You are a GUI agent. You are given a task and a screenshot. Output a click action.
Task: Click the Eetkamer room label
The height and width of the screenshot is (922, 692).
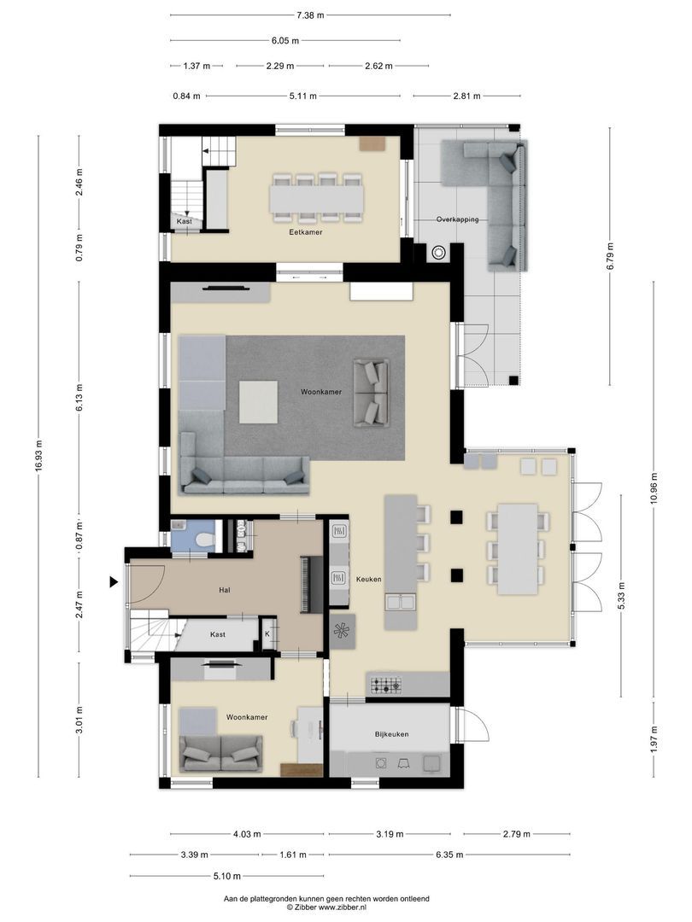tap(305, 231)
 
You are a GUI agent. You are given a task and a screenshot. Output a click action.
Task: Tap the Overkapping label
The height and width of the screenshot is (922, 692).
tap(457, 219)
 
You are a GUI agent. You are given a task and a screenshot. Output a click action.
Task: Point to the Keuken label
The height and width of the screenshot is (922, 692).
tap(368, 580)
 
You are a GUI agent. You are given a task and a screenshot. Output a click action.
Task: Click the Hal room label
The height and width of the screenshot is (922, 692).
tap(225, 589)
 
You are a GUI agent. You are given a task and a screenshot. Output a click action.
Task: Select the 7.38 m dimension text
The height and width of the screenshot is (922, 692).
tap(310, 15)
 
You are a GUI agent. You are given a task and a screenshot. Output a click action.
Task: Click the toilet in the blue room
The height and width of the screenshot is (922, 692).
tap(202, 540)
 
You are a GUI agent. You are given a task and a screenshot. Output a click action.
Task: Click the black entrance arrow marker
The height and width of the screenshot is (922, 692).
tap(113, 582)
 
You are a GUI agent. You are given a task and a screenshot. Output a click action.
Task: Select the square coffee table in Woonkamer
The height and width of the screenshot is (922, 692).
tap(258, 401)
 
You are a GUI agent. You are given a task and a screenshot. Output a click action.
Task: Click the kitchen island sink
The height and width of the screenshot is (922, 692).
tap(401, 603)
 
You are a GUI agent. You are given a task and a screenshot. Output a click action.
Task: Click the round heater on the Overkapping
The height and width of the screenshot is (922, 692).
tap(439, 252)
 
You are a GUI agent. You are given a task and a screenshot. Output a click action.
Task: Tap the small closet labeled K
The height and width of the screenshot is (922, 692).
tap(267, 634)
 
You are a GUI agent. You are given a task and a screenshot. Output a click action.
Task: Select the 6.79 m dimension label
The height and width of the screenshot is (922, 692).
tap(610, 255)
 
